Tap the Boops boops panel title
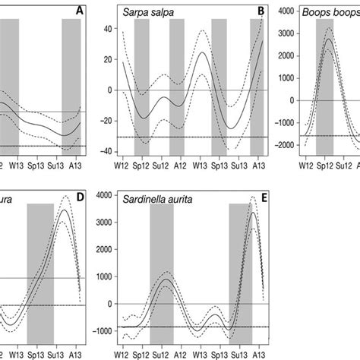[x=330, y=13]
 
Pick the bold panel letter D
[x=80, y=196]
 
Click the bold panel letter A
[x=80, y=10]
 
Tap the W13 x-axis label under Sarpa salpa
[x=200, y=163]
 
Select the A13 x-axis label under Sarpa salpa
[x=257, y=163]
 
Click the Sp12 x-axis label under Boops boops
[x=325, y=163]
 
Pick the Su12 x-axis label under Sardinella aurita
[x=160, y=354]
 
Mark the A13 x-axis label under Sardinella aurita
[x=257, y=354]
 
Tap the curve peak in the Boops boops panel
[x=328, y=38]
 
